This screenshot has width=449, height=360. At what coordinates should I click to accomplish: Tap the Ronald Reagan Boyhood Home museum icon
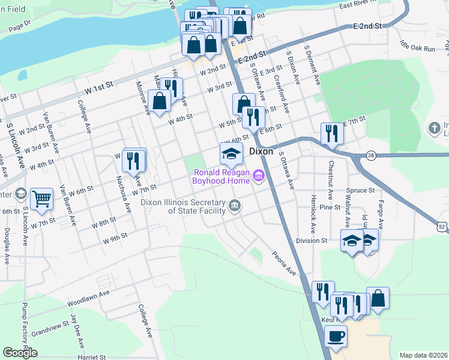[x=259, y=175]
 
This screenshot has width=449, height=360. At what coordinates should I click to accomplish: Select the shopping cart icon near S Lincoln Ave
[x=41, y=199]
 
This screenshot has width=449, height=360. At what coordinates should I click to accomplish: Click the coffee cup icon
[x=336, y=335]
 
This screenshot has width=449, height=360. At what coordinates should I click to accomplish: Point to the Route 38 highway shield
[x=371, y=155]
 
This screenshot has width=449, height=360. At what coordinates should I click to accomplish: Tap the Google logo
[x=20, y=353]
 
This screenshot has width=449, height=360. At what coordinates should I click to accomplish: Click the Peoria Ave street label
[x=284, y=263]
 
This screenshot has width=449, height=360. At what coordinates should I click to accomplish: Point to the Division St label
[x=311, y=241]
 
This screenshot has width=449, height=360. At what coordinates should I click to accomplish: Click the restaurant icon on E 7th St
[x=331, y=133]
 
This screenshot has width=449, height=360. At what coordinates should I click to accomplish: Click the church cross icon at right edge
[x=435, y=128]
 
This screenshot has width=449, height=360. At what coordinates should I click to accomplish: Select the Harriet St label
[x=92, y=357]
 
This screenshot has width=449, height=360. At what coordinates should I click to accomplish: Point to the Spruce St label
[x=364, y=190]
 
